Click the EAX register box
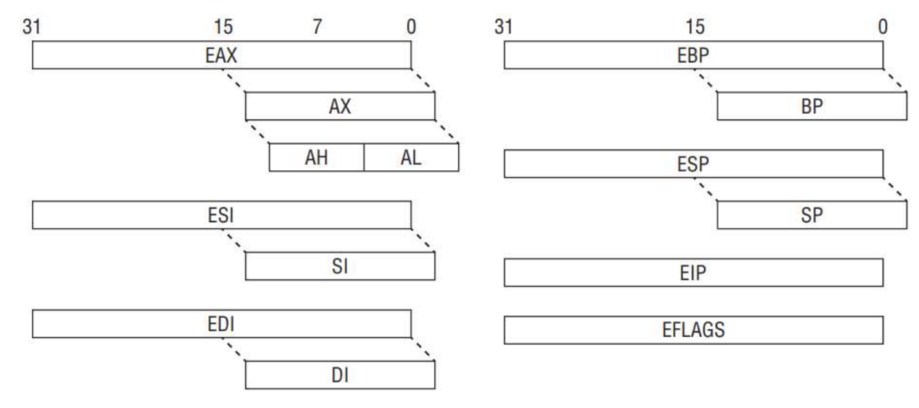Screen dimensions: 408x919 [221, 55]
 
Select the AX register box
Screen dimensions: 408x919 [340, 107]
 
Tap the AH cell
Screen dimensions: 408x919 [316, 158]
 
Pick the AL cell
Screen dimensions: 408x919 [411, 158]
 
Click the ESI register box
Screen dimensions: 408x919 [221, 215]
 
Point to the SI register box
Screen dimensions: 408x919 [340, 266]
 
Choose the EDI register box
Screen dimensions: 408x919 [221, 324]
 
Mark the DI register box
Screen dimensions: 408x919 [340, 376]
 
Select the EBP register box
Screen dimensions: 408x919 [693, 55]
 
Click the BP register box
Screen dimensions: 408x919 [812, 107]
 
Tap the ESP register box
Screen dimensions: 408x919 [693, 164]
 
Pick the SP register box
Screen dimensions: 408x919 [812, 215]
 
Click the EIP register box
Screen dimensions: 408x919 [693, 272]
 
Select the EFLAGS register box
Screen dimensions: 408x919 [693, 329]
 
